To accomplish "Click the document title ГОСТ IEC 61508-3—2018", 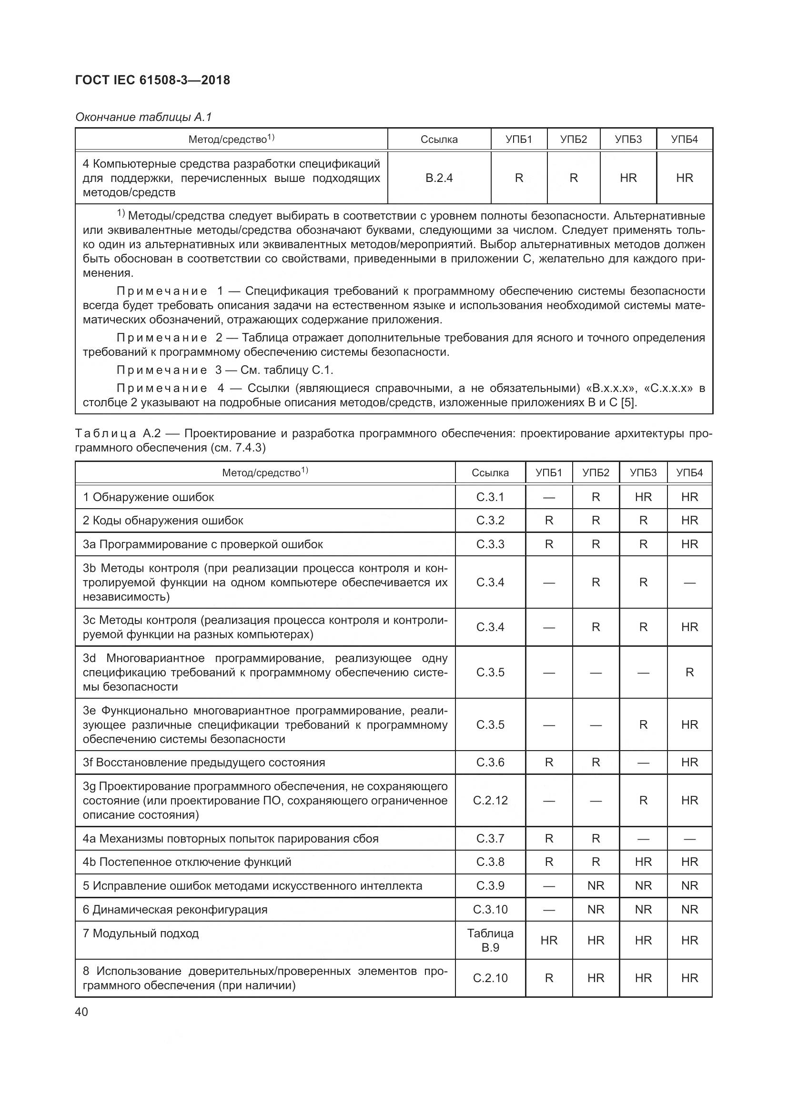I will pyautogui.click(x=152, y=80).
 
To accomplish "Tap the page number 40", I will pyautogui.click(x=81, y=1012).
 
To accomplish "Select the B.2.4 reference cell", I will pyautogui.click(x=439, y=178).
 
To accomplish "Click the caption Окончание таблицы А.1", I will pyautogui.click(x=143, y=117).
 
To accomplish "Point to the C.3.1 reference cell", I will pyautogui.click(x=490, y=497).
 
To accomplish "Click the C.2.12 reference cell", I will pyautogui.click(x=490, y=800).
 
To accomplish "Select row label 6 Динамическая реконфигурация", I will pyautogui.click(x=175, y=909).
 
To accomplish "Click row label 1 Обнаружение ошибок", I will pyautogui.click(x=149, y=497).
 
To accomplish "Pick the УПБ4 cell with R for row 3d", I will pyautogui.click(x=689, y=672).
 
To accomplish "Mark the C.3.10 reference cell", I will pyautogui.click(x=490, y=909).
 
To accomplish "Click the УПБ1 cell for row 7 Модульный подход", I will pyautogui.click(x=549, y=940).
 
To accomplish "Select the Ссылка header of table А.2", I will pyautogui.click(x=490, y=472).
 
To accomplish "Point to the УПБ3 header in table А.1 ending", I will pyautogui.click(x=628, y=140).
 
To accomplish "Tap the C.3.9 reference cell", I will pyautogui.click(x=490, y=885).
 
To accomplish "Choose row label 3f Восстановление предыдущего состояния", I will pyautogui.click(x=204, y=762).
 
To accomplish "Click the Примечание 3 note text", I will pyautogui.click(x=225, y=370).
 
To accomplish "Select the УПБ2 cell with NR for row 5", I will pyautogui.click(x=596, y=885).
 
